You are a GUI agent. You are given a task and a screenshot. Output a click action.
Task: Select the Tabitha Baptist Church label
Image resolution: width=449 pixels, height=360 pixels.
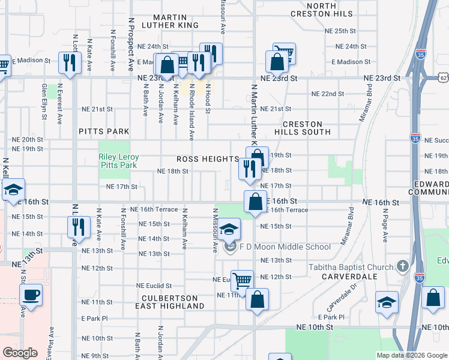click(351, 266)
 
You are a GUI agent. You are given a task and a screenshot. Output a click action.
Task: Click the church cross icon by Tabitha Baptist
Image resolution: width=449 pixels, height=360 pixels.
click(403, 266)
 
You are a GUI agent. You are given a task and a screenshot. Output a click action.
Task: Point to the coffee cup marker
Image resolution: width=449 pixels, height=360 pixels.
click(31, 295)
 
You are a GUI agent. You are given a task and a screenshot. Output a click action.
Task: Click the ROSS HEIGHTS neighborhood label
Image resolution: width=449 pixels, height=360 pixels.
click(208, 159)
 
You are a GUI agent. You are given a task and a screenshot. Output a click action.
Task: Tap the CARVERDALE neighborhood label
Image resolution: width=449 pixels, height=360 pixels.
click(349, 277)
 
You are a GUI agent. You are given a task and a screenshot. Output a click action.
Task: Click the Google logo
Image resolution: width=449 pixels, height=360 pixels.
click(20, 353)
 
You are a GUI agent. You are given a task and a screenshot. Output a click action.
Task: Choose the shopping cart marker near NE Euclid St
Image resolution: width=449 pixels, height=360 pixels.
click(242, 280)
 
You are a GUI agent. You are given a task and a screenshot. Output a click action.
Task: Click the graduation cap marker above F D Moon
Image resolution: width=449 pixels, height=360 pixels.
click(228, 229)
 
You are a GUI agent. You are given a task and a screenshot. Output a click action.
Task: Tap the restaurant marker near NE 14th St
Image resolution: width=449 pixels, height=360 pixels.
click(78, 227)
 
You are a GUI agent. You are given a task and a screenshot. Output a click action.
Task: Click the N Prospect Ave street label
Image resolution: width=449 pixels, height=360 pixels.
click(130, 48)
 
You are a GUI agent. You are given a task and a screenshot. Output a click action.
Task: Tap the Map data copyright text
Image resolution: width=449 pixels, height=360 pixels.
click(411, 355)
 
